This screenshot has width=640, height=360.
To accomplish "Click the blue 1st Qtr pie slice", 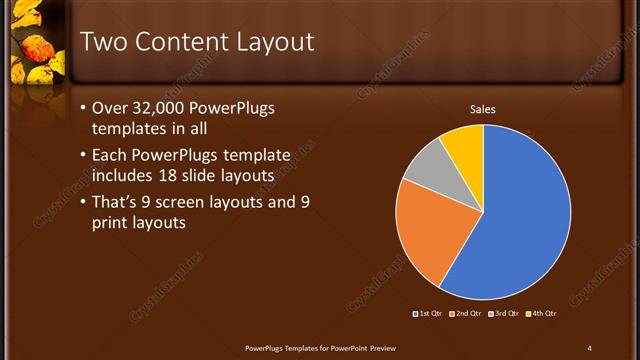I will (x=520, y=215).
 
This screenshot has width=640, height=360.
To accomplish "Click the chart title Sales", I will (x=483, y=110).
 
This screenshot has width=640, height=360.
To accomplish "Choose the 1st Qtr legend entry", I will (x=429, y=314).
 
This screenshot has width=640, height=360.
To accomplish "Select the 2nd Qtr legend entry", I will (x=465, y=314).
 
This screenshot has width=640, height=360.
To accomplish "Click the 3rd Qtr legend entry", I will (x=502, y=314).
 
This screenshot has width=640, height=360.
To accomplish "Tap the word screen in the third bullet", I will (x=206, y=203).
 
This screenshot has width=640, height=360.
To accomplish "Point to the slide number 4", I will (x=589, y=347).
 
